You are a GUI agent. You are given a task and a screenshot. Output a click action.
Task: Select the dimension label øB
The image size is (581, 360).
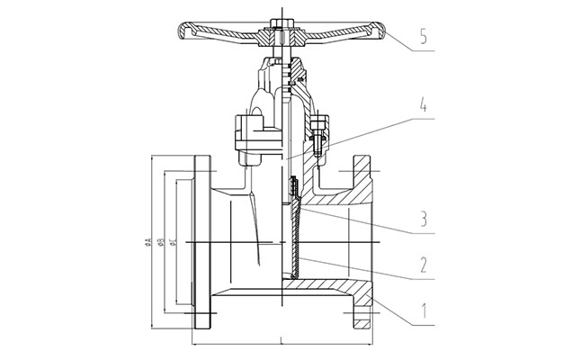(x=158, y=244)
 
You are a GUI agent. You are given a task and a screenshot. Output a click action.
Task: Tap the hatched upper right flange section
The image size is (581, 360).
(x=361, y=180)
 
